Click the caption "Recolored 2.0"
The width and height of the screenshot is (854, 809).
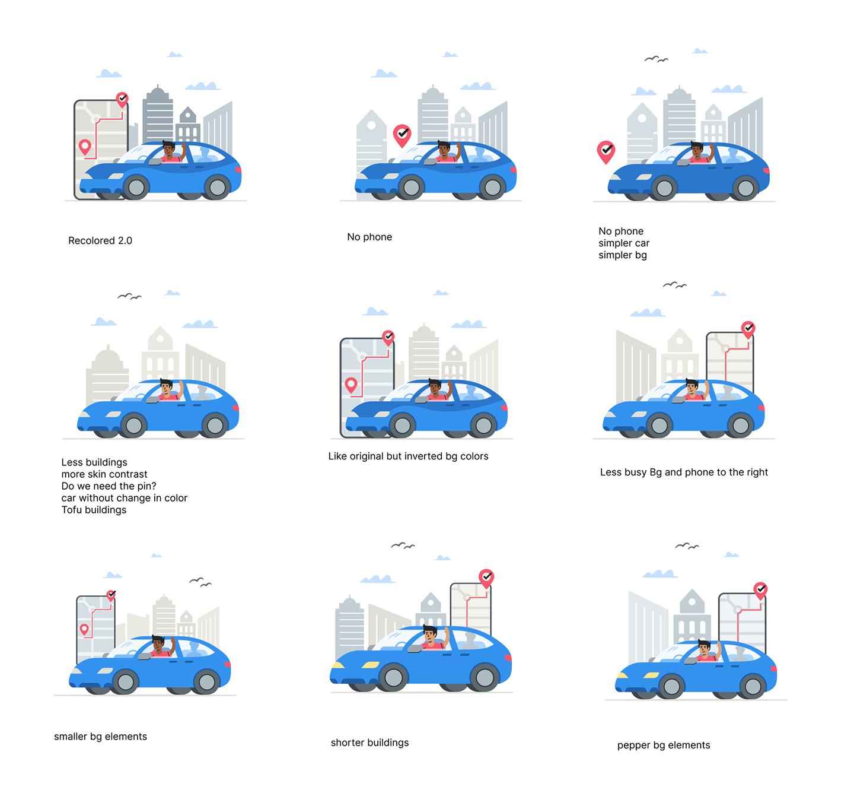[100, 240]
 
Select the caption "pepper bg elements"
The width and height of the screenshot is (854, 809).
[663, 745]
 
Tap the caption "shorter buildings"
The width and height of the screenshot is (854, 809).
[369, 743]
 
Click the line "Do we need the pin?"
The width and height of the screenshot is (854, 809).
[109, 486]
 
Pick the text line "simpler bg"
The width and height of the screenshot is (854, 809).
[622, 255]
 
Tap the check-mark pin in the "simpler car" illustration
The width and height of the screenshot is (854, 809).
[606, 151]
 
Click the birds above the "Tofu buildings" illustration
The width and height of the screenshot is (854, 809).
[129, 296]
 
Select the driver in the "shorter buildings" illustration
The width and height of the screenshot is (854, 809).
[432, 637]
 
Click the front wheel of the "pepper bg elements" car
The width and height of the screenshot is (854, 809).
[671, 686]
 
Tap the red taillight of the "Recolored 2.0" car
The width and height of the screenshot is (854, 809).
[238, 170]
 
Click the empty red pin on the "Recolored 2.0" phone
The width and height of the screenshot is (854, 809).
[85, 146]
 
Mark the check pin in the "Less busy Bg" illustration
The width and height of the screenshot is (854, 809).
[748, 328]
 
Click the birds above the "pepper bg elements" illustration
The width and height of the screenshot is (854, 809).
[687, 545]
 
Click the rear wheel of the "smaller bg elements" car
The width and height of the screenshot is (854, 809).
[206, 682]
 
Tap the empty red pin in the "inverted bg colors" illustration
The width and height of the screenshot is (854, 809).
[351, 385]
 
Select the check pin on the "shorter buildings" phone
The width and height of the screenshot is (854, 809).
[486, 576]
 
